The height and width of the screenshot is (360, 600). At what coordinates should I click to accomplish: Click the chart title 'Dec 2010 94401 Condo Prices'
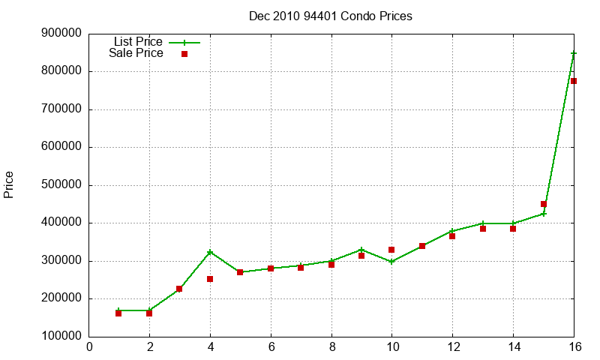(330, 16)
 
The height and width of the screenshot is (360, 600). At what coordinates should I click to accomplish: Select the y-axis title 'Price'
(9, 184)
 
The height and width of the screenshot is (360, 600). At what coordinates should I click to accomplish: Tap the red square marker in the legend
(184, 54)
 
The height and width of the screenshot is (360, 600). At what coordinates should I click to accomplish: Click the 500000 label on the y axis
(63, 185)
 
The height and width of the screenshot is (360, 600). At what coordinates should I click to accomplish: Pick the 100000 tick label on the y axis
(63, 337)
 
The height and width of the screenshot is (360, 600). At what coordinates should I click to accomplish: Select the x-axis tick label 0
(89, 346)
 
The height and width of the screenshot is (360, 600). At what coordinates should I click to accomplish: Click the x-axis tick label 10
(391, 346)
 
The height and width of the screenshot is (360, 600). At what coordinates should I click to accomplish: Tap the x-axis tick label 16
(573, 346)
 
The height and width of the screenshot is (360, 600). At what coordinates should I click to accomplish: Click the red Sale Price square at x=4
(210, 279)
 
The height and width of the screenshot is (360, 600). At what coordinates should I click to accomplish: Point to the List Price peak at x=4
(210, 252)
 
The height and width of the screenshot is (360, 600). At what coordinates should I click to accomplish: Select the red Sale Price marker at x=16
(574, 81)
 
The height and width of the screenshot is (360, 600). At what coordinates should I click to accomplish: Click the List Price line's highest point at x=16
(574, 53)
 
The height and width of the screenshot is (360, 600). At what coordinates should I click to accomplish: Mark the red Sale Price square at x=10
(391, 250)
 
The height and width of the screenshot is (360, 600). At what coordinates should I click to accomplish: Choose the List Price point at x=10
(391, 262)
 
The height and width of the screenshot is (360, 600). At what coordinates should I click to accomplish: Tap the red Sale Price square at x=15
(544, 204)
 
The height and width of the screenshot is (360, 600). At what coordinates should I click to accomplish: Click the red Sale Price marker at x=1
(118, 313)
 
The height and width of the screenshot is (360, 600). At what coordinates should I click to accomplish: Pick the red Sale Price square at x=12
(452, 236)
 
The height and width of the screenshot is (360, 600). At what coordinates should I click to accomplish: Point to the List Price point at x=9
(361, 250)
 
